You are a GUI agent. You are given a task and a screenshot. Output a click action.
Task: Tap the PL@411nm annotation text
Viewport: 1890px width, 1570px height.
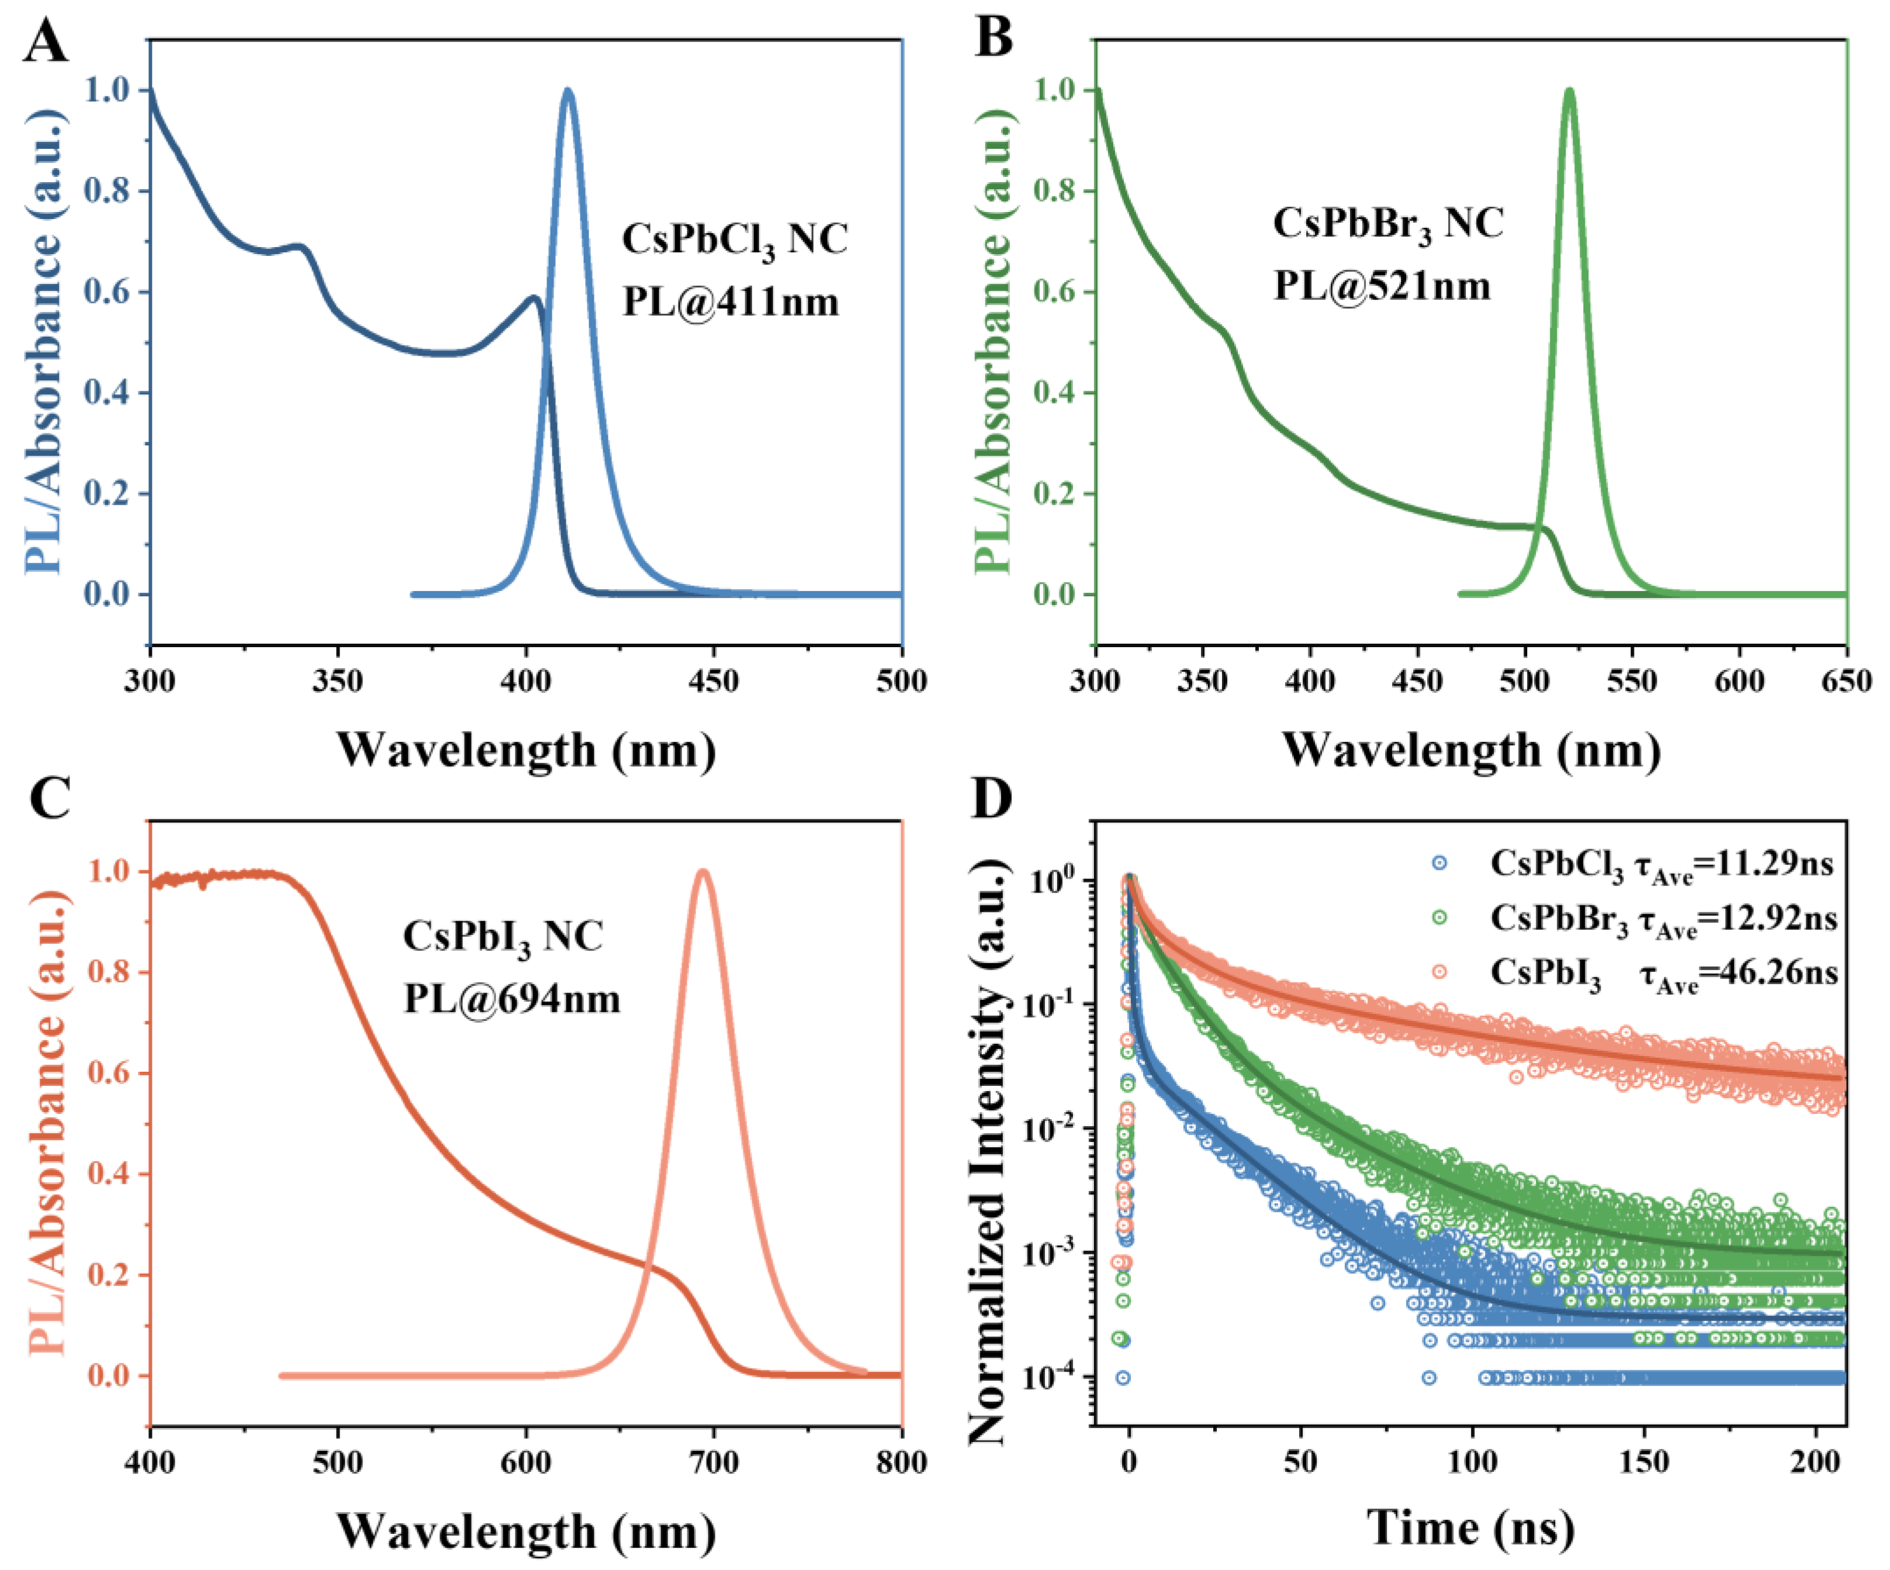pyautogui.click(x=730, y=301)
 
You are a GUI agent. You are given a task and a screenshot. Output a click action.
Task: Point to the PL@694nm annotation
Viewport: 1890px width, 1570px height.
pyautogui.click(x=511, y=999)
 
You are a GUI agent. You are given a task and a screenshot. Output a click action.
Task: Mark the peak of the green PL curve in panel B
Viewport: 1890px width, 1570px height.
pyautogui.click(x=1570, y=90)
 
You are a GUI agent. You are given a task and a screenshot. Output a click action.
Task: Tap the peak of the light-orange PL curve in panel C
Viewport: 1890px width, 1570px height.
pyautogui.click(x=703, y=871)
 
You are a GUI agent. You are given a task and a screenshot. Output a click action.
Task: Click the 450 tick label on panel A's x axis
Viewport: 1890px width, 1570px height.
pyautogui.click(x=713, y=681)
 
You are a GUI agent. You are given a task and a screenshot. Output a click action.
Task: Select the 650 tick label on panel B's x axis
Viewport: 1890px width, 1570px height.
pyautogui.click(x=1846, y=681)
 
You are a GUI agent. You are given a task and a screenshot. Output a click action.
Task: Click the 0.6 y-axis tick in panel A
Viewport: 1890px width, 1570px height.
pyautogui.click(x=106, y=291)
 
